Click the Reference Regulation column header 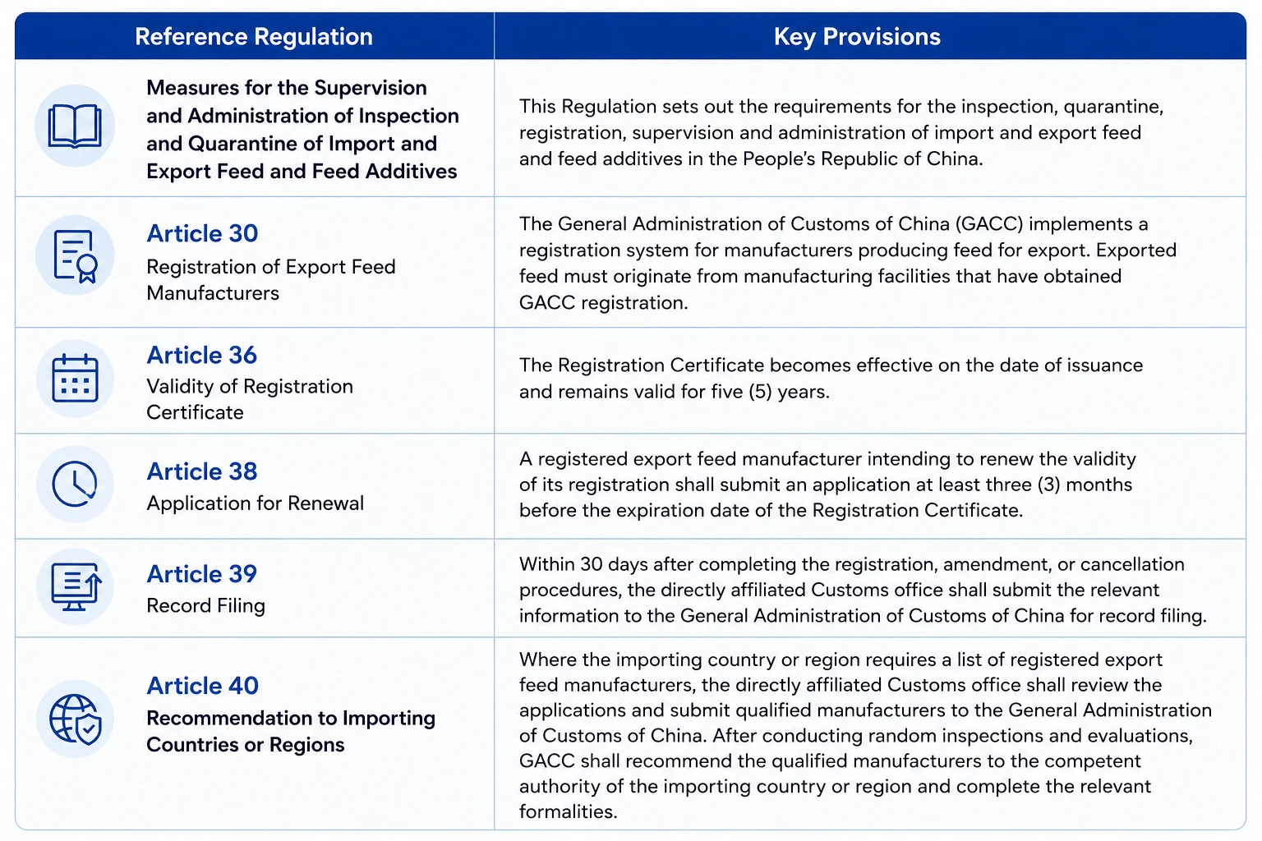[x=254, y=37]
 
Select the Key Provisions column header [x=857, y=37]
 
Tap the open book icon [x=75, y=126]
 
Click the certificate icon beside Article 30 [x=76, y=255]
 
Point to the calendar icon [x=75, y=378]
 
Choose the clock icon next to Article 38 [x=75, y=484]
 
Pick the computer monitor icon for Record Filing [x=76, y=586]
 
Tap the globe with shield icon [x=76, y=719]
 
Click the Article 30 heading [x=202, y=233]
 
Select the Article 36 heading [x=201, y=355]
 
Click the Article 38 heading [x=201, y=471]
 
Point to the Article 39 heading [x=201, y=573]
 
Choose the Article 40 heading [x=202, y=686]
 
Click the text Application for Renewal [x=256, y=503]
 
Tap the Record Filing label [x=205, y=605]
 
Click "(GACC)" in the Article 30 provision [x=989, y=224]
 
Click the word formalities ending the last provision [x=568, y=811]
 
